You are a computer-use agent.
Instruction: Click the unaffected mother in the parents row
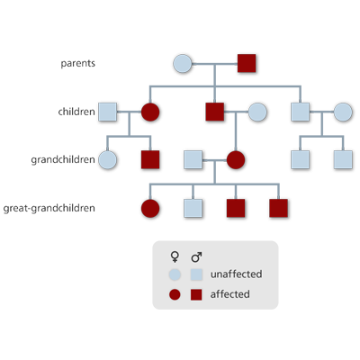point(183,64)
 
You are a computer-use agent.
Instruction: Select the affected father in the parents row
point(247,63)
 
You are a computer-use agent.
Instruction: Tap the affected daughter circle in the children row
point(150,112)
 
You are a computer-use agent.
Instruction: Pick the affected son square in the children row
point(215,112)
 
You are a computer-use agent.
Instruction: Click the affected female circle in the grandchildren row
point(236,160)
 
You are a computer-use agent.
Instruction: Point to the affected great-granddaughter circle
point(150,208)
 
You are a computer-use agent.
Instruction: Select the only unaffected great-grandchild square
point(193,208)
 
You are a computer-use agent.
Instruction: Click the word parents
point(78,64)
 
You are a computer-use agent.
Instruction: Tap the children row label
point(76,112)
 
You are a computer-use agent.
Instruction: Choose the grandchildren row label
point(63,159)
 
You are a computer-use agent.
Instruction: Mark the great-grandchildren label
point(49,208)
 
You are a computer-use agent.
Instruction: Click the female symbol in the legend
point(175,257)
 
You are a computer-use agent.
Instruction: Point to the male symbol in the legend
point(196,257)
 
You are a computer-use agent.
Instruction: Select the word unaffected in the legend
point(237,274)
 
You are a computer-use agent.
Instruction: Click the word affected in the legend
point(230,294)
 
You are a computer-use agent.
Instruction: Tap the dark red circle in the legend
point(175,294)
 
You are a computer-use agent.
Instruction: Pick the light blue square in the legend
point(196,274)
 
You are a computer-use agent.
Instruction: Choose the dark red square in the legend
point(196,294)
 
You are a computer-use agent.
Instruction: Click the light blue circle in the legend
point(175,274)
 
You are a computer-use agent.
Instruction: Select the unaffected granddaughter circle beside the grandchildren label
point(107,160)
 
